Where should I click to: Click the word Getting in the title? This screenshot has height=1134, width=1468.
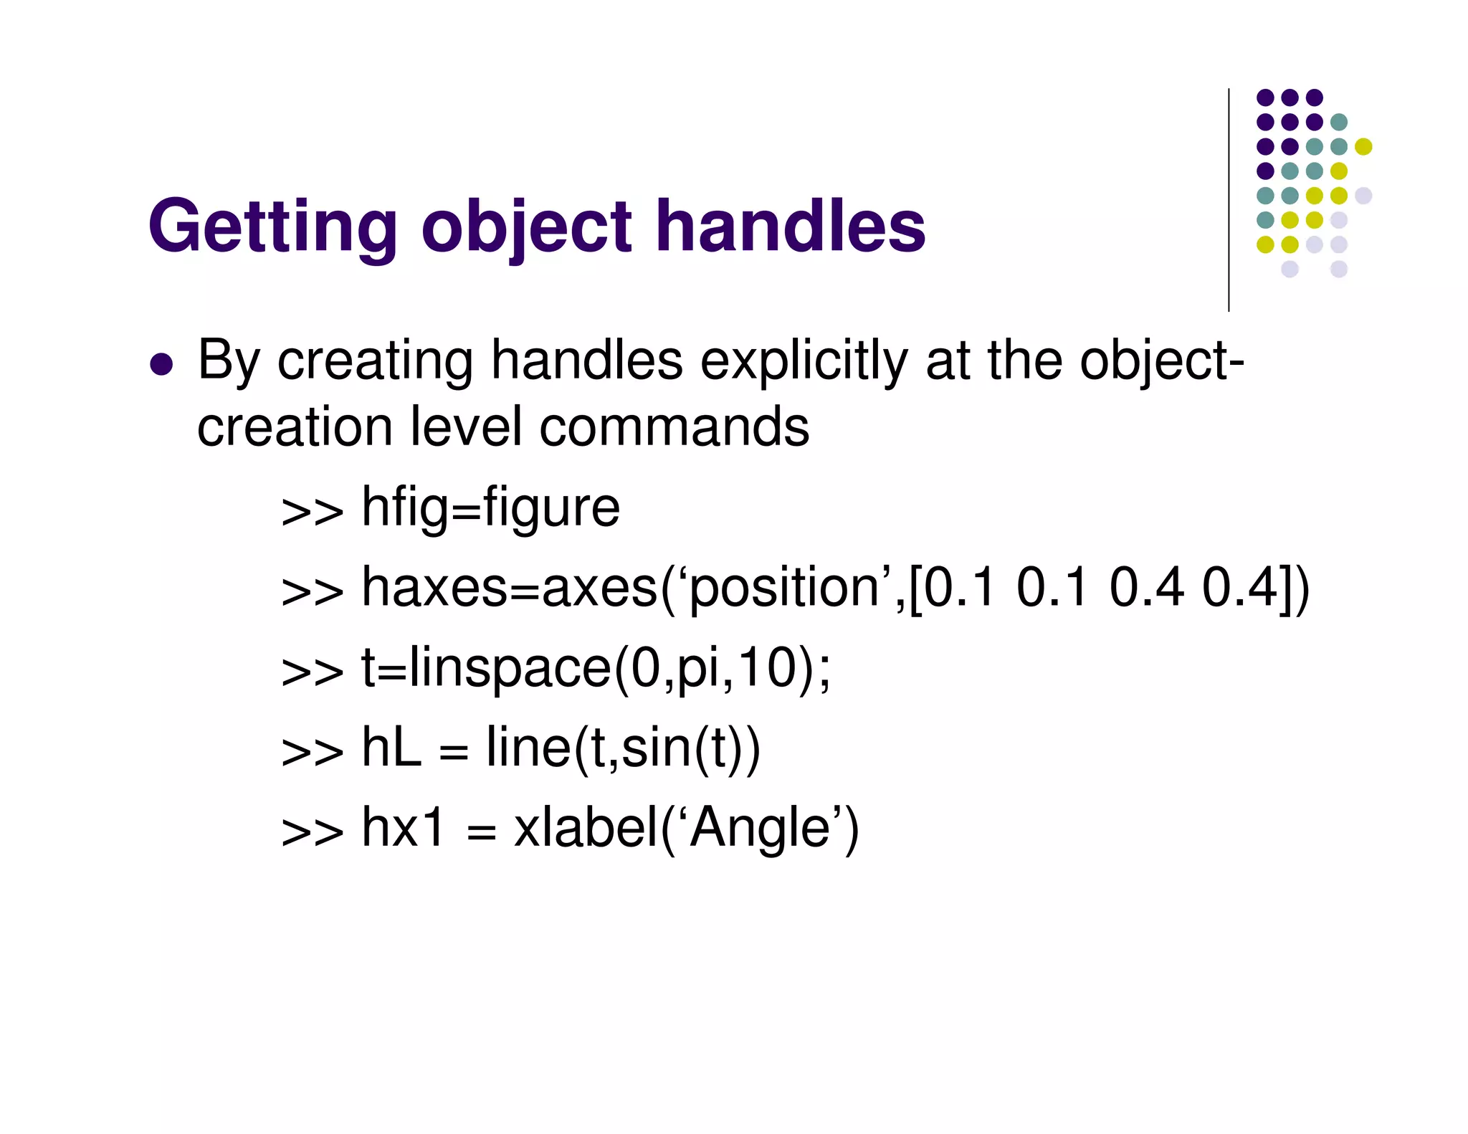click(272, 228)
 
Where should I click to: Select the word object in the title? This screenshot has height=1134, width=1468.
click(527, 228)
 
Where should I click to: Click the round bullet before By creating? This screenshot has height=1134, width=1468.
click(161, 363)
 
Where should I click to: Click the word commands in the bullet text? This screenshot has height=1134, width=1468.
click(674, 428)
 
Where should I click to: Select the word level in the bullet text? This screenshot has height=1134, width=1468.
click(466, 428)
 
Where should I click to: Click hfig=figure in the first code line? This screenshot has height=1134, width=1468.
click(490, 508)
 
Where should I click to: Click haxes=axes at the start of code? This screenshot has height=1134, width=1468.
click(509, 588)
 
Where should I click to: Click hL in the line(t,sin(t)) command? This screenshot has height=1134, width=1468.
click(391, 748)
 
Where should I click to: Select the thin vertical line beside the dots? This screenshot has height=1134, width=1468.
click(1229, 201)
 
